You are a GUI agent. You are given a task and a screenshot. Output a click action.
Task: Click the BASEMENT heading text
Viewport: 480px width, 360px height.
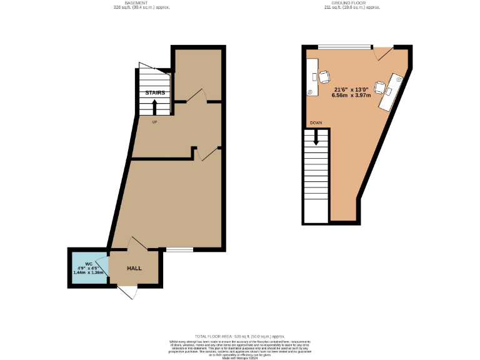click(142, 3)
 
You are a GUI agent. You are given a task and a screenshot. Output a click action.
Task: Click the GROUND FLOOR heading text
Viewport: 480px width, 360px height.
click(352, 3)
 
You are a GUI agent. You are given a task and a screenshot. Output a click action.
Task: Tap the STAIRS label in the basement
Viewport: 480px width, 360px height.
click(155, 93)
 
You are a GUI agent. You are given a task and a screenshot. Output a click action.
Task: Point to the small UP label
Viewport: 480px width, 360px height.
click(154, 121)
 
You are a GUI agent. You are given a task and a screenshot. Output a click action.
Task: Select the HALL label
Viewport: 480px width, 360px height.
click(134, 268)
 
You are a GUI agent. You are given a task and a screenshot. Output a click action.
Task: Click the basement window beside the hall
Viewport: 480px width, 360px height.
click(179, 250)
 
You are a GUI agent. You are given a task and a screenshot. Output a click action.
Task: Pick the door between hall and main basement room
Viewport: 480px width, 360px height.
click(138, 244)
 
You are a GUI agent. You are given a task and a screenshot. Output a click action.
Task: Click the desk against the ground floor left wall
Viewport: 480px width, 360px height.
click(313, 77)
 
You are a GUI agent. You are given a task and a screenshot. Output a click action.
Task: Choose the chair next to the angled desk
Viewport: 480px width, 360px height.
click(380, 87)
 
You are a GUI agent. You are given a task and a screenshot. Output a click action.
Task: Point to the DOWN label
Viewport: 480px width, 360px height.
click(316, 123)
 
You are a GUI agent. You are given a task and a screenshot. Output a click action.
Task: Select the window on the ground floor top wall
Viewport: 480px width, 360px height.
click(344, 46)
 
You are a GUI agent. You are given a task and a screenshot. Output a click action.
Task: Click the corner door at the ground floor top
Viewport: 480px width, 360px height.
click(383, 53)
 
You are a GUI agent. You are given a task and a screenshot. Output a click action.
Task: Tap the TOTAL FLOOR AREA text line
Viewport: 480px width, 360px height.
click(239, 337)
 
